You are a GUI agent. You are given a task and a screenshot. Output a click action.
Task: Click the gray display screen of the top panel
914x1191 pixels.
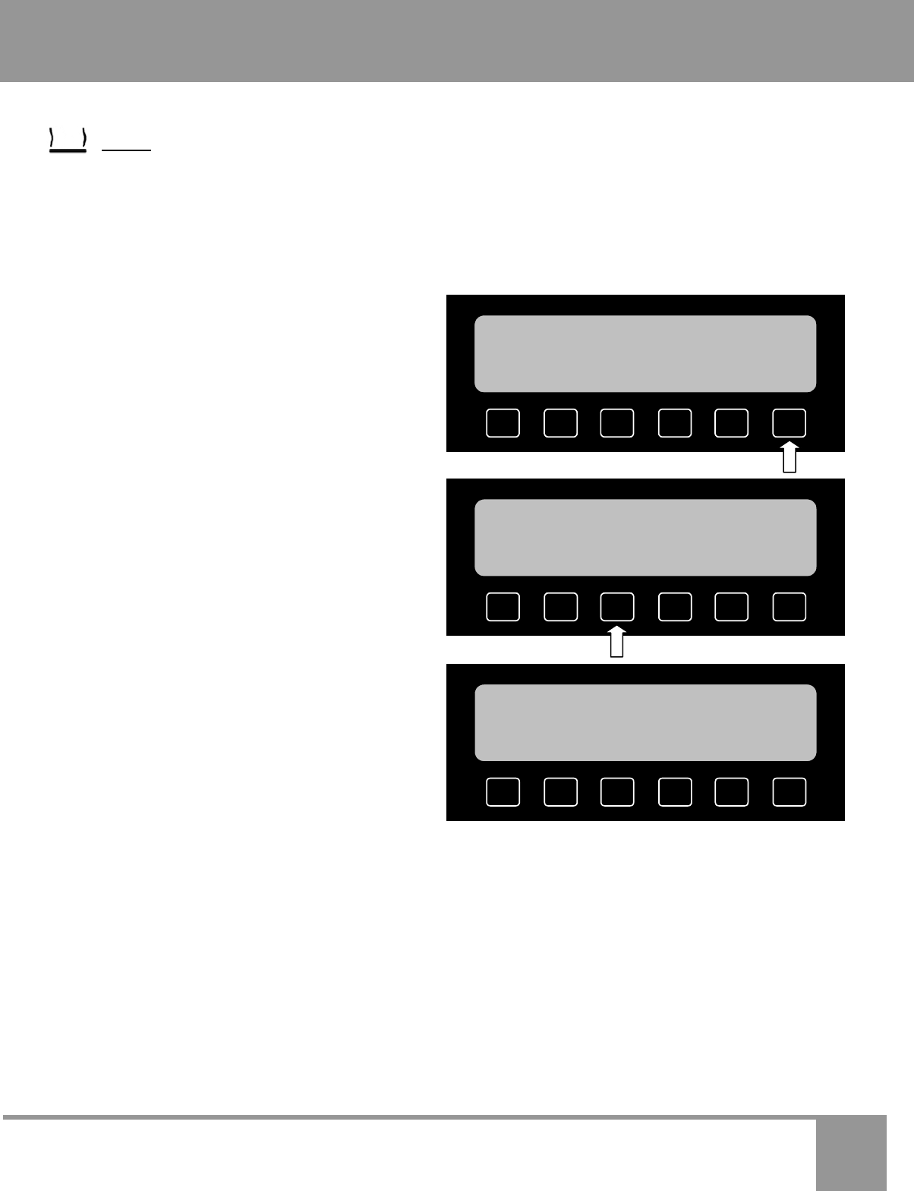[645, 354]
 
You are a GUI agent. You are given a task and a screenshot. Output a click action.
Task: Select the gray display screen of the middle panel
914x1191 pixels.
[645, 538]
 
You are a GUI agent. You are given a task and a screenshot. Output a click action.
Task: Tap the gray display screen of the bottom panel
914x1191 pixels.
[645, 722]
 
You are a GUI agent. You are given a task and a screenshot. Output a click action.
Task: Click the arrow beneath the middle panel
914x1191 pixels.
[617, 642]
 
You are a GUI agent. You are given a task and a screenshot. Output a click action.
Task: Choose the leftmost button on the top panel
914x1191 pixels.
[503, 423]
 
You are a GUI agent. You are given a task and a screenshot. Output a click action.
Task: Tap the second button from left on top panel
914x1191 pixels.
[560, 423]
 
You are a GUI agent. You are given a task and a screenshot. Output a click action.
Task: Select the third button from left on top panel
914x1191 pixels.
[617, 423]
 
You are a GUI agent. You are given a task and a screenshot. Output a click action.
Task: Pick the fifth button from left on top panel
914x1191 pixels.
[732, 423]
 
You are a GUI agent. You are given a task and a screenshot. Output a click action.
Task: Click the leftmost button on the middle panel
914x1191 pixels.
[503, 607]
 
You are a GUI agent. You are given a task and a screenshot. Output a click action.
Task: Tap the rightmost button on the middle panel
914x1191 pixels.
[790, 607]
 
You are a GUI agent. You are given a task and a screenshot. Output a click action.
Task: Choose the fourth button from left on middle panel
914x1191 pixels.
[675, 607]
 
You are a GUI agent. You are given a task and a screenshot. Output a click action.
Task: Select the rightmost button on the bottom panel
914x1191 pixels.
[790, 791]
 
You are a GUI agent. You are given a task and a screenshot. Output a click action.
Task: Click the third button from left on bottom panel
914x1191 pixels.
[617, 791]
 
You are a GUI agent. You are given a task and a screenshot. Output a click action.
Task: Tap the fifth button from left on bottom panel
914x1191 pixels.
[732, 791]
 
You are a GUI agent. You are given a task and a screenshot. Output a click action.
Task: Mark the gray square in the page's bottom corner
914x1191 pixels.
[852, 1153]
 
